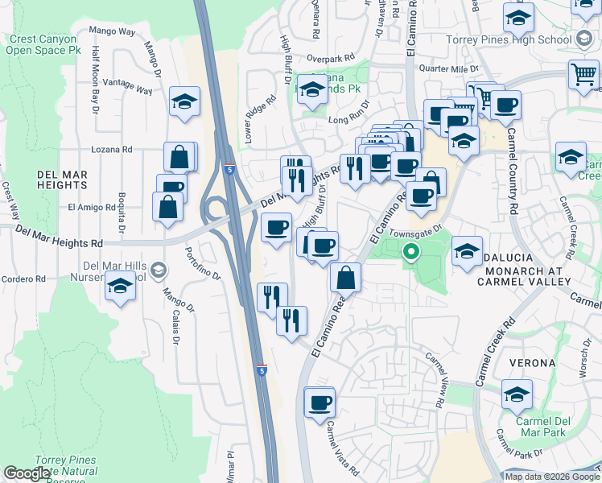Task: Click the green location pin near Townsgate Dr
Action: tap(411, 253)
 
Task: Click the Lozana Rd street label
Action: tap(112, 150)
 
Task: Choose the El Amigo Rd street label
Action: tap(93, 207)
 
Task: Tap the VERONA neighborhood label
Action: tap(532, 363)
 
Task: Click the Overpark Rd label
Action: tap(330, 59)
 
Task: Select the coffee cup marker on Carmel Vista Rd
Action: tap(320, 402)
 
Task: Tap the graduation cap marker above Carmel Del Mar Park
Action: tap(516, 394)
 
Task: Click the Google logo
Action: tap(27, 473)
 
